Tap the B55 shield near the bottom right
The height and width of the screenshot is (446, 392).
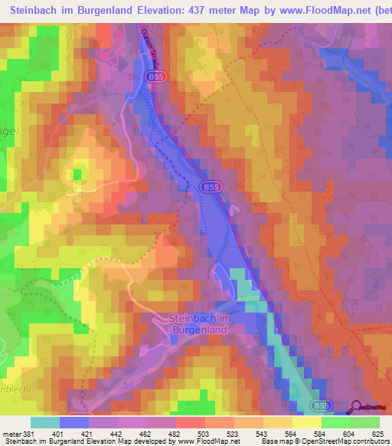[322, 405]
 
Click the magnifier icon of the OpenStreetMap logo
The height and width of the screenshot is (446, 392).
[357, 408]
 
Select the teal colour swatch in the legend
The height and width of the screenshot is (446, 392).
[45, 422]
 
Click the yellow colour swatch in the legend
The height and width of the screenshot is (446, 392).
[305, 422]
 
